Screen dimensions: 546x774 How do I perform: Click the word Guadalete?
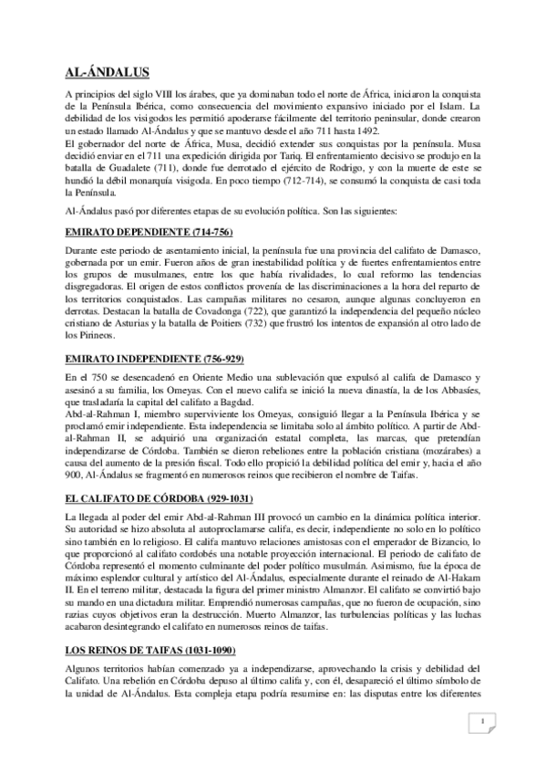coord(139,168)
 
